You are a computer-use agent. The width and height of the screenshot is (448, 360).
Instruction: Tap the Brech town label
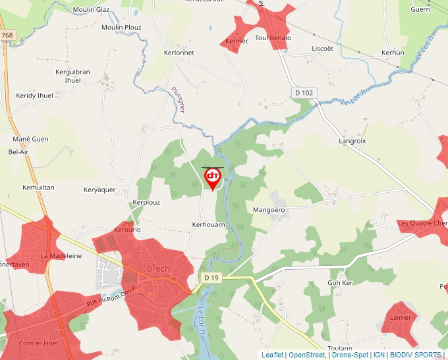point(158,269)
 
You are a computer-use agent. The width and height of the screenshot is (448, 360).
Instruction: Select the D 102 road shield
point(304,93)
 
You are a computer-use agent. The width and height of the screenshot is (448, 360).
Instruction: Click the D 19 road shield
point(211,278)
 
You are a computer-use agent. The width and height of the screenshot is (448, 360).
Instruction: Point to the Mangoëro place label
point(269,210)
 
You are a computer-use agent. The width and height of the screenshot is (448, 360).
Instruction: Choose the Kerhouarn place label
point(209,224)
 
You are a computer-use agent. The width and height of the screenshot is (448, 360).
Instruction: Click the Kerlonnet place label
point(179,53)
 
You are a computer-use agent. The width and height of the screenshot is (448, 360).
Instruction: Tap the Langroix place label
point(352,141)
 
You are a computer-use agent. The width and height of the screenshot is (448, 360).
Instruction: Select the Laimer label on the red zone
point(400,317)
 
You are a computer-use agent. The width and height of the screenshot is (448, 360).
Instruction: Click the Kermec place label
point(237,41)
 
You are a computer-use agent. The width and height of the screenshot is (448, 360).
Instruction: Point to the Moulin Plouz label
point(121,27)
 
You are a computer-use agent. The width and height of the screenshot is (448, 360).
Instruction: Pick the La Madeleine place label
point(61,255)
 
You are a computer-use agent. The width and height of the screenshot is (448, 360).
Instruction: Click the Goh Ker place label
point(341,282)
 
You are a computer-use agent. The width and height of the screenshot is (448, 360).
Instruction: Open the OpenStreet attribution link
point(308,355)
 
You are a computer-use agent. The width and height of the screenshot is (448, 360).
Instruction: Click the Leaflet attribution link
point(273,355)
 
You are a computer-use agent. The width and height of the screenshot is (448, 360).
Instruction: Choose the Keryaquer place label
point(99,190)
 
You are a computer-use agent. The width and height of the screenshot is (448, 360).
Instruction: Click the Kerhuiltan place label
point(38,188)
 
